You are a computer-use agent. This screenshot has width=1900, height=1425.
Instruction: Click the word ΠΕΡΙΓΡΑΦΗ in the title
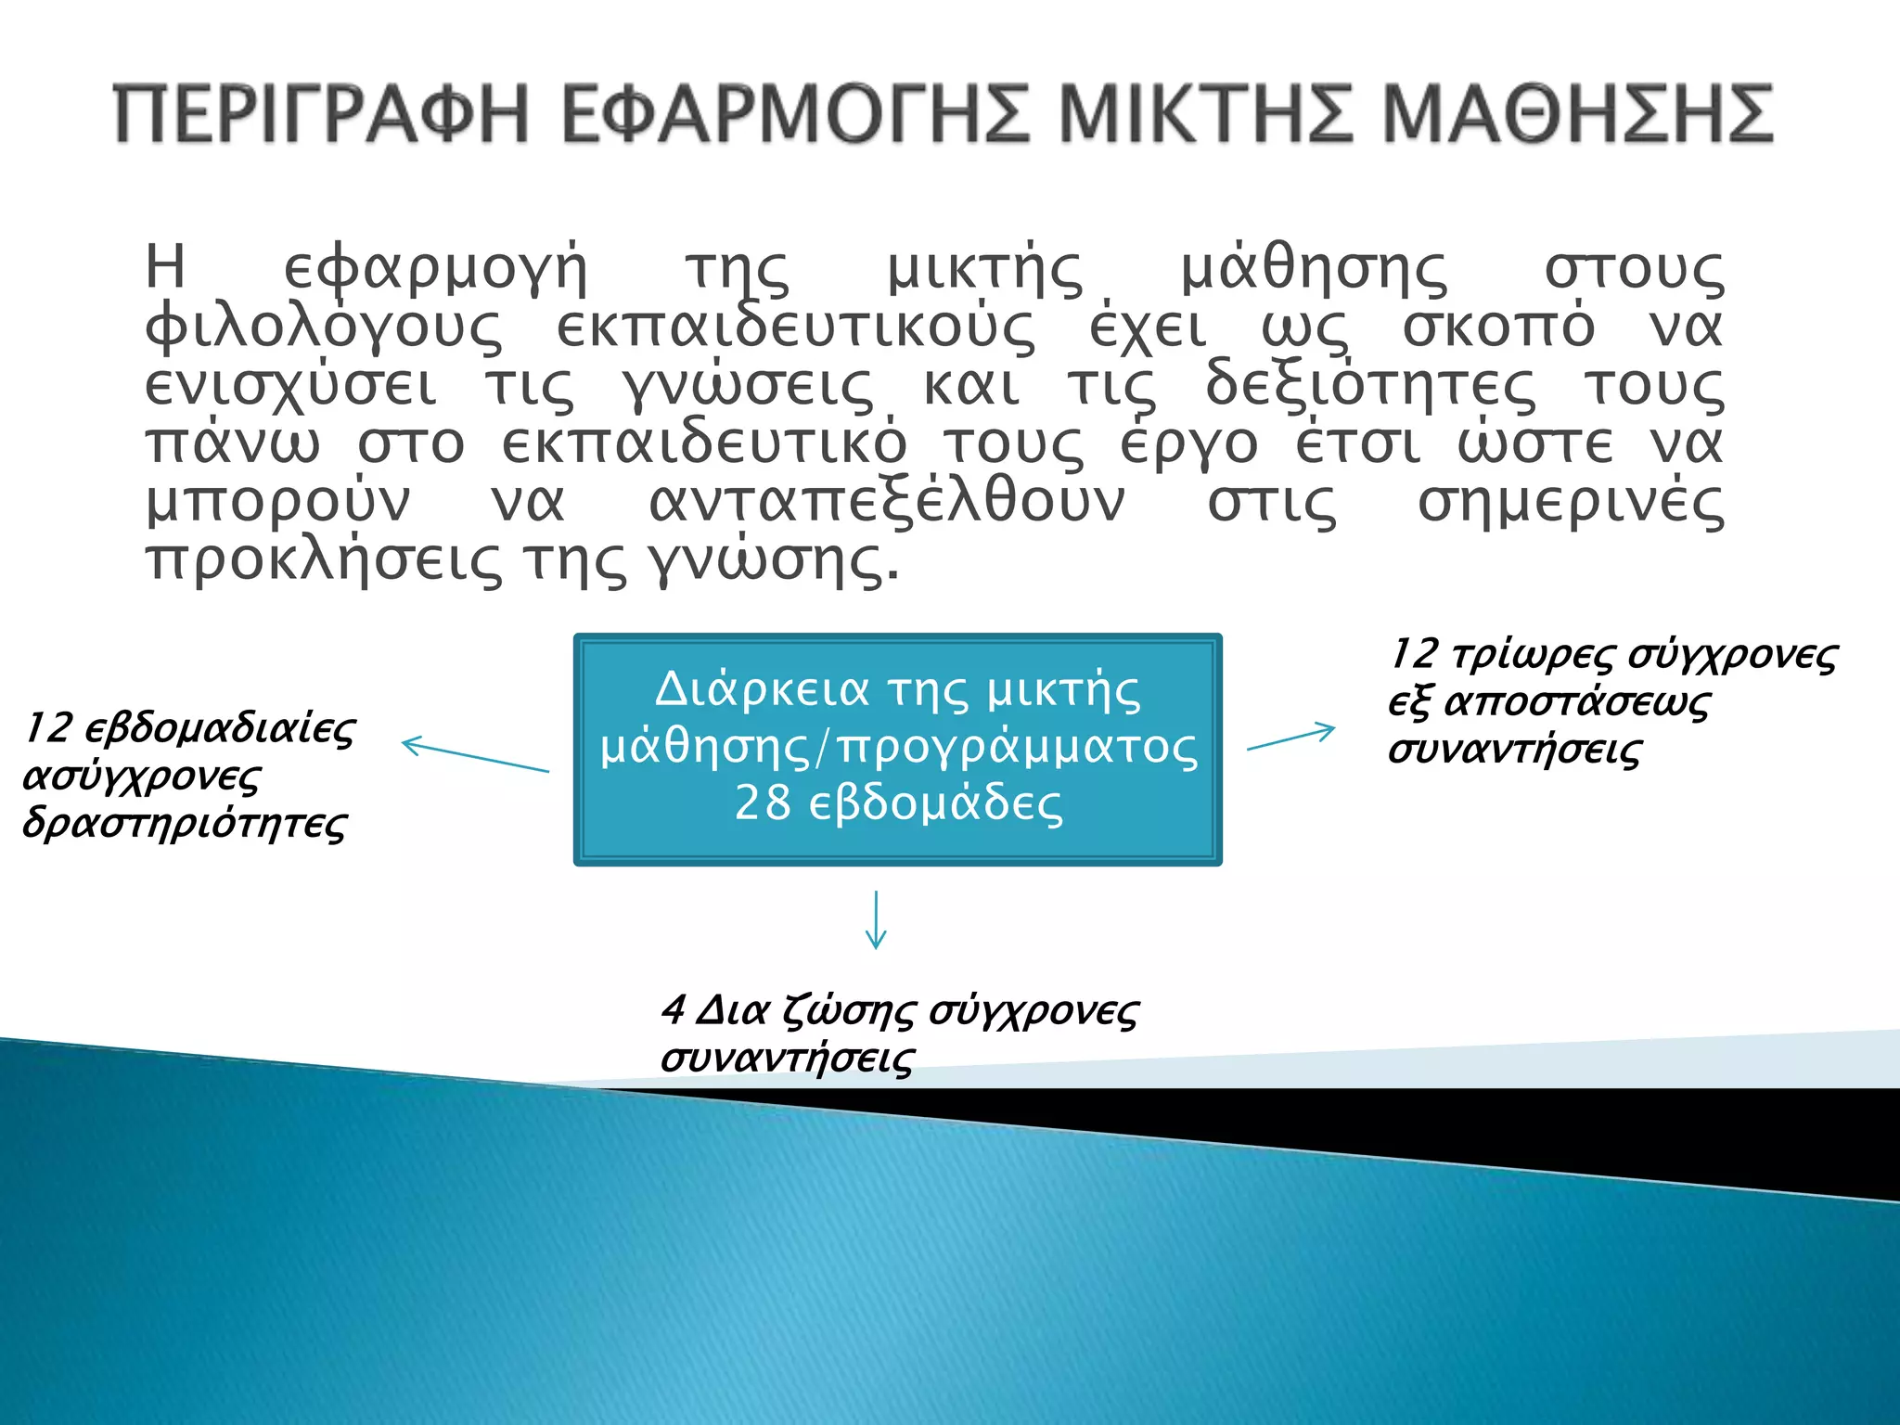pyautogui.click(x=321, y=114)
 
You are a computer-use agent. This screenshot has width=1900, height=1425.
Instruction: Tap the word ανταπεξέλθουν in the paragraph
pyautogui.click(x=886, y=504)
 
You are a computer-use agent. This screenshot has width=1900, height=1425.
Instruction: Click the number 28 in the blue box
pyautogui.click(x=763, y=803)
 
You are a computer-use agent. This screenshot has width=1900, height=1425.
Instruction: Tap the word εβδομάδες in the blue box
pyautogui.click(x=935, y=803)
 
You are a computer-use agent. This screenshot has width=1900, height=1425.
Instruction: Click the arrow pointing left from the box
pyautogui.click(x=475, y=756)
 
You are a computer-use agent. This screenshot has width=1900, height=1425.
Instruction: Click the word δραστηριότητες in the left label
pyautogui.click(x=185, y=824)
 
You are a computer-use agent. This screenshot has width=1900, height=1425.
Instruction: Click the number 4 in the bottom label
pyautogui.click(x=673, y=1010)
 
